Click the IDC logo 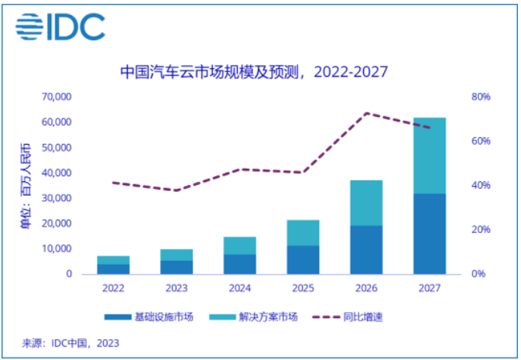click(x=60, y=28)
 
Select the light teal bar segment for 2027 click(x=429, y=155)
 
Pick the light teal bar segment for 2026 click(x=366, y=203)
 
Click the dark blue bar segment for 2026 click(x=366, y=250)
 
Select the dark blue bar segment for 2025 click(x=303, y=260)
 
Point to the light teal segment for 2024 click(x=239, y=245)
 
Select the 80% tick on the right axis click(x=481, y=97)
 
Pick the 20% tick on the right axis click(x=481, y=230)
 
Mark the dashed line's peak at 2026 click(x=366, y=113)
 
